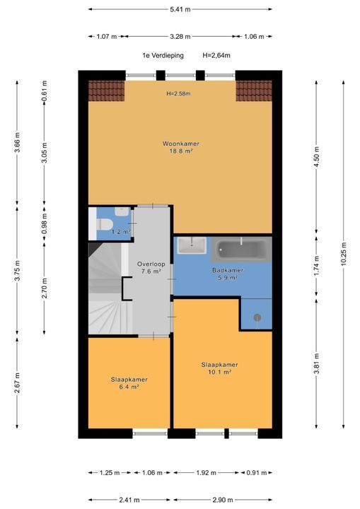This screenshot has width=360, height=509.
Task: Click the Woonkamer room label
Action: coord(181,144)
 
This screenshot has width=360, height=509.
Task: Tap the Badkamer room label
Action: coord(228,270)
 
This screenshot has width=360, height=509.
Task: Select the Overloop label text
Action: coord(151,264)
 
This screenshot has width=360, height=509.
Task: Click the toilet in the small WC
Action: coord(105,224)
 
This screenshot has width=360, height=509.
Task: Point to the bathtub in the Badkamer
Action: coord(241,250)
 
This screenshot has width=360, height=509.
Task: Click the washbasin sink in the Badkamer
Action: coord(192,245)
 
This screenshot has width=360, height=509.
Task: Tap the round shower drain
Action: coord(257,317)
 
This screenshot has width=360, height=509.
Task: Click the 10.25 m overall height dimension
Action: coord(344,254)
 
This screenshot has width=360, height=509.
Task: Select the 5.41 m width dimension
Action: coord(180,9)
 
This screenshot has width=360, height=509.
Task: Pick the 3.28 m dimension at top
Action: coord(180,36)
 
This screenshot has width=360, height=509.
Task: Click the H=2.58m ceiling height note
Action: coord(178,93)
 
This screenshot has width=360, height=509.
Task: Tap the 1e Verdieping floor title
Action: coord(163,56)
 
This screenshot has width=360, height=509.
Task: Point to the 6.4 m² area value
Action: coord(129,387)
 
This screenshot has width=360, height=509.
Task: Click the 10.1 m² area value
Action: coord(220,372)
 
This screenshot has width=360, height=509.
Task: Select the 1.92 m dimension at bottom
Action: coord(207,473)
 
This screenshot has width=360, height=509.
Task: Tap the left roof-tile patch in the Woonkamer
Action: coord(107,91)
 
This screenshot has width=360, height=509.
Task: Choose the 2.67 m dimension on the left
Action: coord(17,382)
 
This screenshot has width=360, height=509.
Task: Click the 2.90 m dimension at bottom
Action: coord(222,500)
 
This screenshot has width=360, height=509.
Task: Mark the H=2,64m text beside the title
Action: coord(216,56)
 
